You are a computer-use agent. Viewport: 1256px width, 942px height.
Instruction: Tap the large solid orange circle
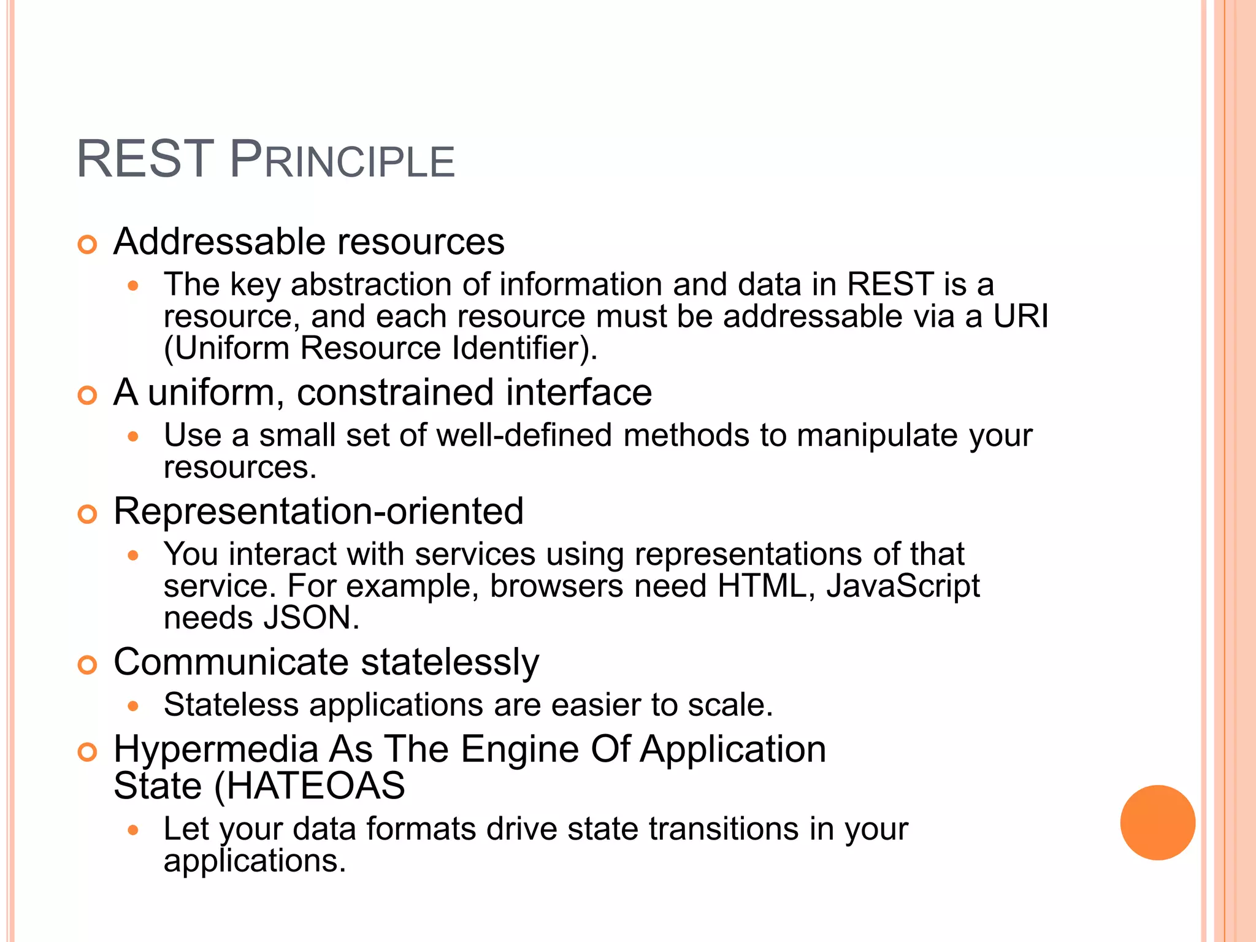1157,822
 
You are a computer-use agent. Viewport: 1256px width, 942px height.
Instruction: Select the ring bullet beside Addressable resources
88,245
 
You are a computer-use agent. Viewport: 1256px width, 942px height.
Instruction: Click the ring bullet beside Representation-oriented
88,514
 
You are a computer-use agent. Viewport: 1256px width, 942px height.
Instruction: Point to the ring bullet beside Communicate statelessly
88,665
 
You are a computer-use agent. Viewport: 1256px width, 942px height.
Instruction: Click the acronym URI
1020,316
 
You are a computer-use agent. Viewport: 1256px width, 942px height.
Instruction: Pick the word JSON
311,618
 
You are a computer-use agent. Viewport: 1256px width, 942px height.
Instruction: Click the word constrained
396,392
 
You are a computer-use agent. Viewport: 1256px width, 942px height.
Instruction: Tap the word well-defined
524,435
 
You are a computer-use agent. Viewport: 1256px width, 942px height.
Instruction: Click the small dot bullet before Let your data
133,830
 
